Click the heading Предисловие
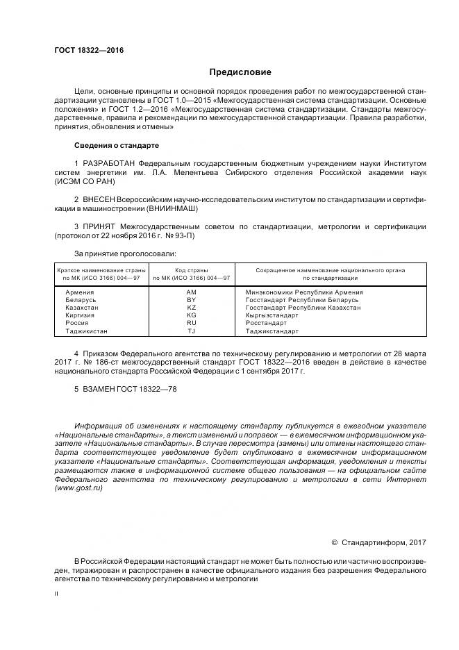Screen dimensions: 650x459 click(x=241, y=72)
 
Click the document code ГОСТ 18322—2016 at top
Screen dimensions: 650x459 click(x=84, y=51)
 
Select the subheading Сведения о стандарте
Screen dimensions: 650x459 click(x=117, y=145)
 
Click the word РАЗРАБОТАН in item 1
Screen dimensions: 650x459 click(x=109, y=162)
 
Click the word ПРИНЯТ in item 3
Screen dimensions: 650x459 click(x=99, y=226)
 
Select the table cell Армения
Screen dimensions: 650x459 click(x=81, y=292)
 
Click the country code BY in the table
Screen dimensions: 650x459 click(x=192, y=299)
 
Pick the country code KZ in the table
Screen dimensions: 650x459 click(x=192, y=307)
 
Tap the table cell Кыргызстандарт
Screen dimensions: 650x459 click(x=272, y=315)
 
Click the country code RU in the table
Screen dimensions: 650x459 click(x=192, y=322)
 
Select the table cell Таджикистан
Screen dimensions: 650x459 click(x=87, y=331)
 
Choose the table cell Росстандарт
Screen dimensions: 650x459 click(x=267, y=322)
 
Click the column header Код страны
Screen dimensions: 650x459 click(x=192, y=269)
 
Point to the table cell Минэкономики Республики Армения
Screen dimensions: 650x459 click(x=304, y=292)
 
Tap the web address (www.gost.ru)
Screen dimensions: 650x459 click(x=78, y=488)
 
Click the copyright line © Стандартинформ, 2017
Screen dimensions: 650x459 click(x=378, y=542)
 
